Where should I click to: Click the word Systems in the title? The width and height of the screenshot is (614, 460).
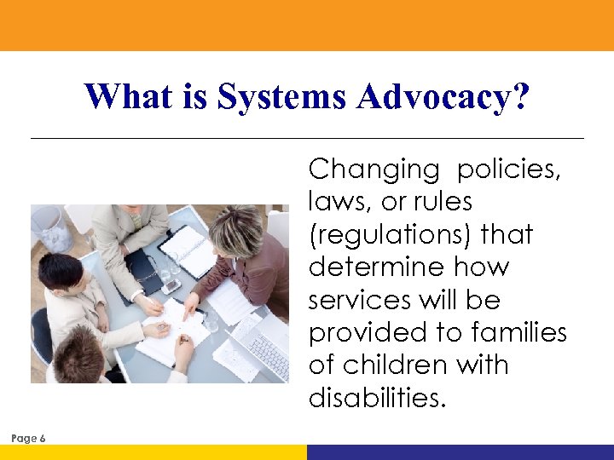282,97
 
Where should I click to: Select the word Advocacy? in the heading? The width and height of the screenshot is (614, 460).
443,97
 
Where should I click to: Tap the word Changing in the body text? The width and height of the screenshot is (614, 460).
374,170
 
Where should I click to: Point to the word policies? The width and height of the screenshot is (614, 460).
509,170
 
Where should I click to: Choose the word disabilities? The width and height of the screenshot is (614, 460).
377,397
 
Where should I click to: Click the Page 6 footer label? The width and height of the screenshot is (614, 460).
29,438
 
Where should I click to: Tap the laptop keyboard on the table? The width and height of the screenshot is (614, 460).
269,350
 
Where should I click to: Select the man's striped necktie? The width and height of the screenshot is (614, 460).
136,220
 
